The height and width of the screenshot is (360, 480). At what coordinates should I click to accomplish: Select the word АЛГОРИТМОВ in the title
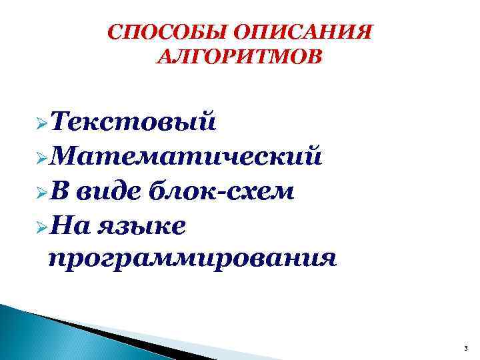tap(238, 58)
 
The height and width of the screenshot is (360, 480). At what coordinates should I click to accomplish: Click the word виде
tap(109, 191)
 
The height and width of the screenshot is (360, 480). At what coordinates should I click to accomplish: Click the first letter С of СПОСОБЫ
tap(115, 33)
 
